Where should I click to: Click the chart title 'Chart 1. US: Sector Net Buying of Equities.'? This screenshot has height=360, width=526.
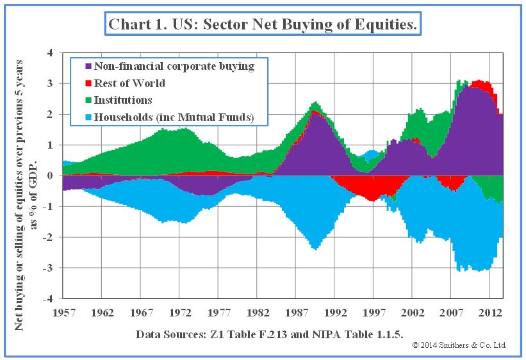click(263, 25)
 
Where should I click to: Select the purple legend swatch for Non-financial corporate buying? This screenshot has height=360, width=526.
click(88, 66)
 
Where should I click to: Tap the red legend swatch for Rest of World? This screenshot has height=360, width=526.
click(88, 83)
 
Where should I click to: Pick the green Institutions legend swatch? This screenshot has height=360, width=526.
click(88, 101)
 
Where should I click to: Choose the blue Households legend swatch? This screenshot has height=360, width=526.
click(88, 118)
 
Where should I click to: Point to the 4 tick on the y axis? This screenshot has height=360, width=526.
click(49, 53)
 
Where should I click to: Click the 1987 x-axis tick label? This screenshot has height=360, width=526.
click(297, 313)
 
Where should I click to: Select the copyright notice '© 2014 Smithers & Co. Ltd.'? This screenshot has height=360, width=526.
click(459, 345)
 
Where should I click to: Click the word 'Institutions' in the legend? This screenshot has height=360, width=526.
click(123, 101)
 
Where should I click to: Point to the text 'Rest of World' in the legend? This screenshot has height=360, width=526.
click(129, 83)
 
